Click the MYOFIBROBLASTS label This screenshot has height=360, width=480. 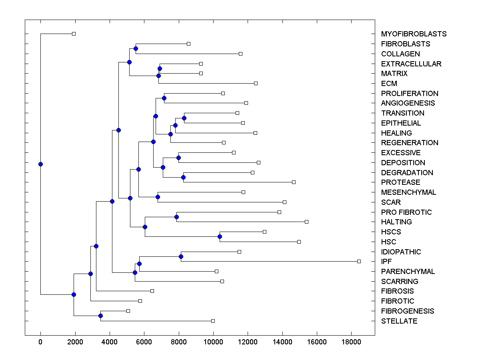pos(414,34)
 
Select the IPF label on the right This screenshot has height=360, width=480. pos(386,262)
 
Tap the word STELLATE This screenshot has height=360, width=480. pos(399,321)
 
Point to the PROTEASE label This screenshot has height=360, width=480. pos(400,182)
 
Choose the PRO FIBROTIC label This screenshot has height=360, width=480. pos(406,212)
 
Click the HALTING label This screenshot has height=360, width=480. pos(396,222)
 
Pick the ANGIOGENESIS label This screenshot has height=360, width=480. pos(408,103)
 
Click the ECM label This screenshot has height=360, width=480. pos(389,84)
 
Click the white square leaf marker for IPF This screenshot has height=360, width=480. pos(359,261)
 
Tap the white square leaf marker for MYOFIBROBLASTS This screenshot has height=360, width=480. pos(74,34)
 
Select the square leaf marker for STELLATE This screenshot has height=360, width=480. pos(213,321)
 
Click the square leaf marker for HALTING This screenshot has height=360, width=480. pos(306,222)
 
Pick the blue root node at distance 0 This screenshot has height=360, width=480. pos(40,164)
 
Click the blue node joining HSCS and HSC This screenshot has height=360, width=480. pos(220,237)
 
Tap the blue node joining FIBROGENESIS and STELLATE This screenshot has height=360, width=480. pos(100,316)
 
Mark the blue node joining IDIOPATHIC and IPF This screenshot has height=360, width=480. pos(181,256)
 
